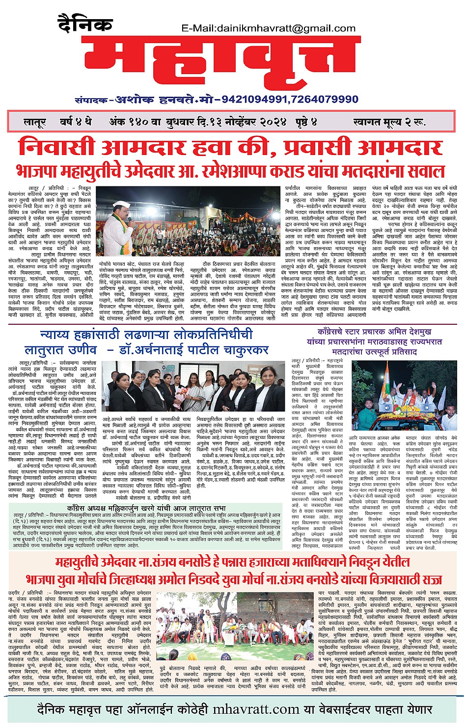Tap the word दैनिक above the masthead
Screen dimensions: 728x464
[85, 23]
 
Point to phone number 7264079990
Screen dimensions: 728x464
[325, 99]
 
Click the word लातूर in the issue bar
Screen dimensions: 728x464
[35, 122]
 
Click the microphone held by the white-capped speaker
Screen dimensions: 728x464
[130, 222]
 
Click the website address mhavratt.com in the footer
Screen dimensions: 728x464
[256, 709]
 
